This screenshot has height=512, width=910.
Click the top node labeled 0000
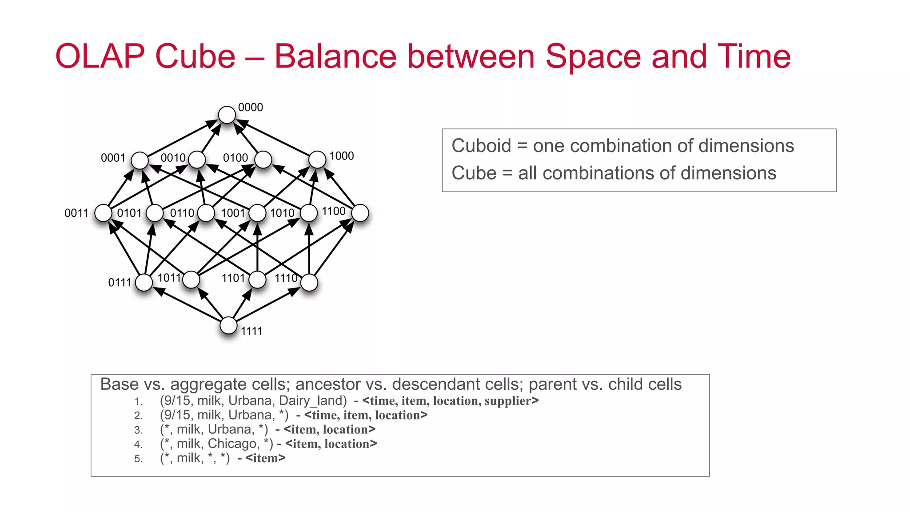pos(227,115)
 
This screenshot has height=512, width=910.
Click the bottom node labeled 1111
pos(228,325)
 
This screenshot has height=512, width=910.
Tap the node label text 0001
pos(113,158)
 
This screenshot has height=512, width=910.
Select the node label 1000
pos(341,156)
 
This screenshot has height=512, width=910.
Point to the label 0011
pos(76,213)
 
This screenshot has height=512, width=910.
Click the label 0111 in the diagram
pos(120,282)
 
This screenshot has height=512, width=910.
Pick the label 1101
pos(233,278)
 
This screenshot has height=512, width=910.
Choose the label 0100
pos(235,158)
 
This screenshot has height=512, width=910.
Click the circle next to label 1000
pos(317,160)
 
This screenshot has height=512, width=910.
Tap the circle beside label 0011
pos(103,213)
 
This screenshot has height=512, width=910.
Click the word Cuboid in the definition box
pos(481,146)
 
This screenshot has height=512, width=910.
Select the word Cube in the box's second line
pos(474,173)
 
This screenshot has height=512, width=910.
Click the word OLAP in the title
pos(100,56)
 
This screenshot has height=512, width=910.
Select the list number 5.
pos(138,459)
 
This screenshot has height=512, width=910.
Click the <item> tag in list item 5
pos(265,458)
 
